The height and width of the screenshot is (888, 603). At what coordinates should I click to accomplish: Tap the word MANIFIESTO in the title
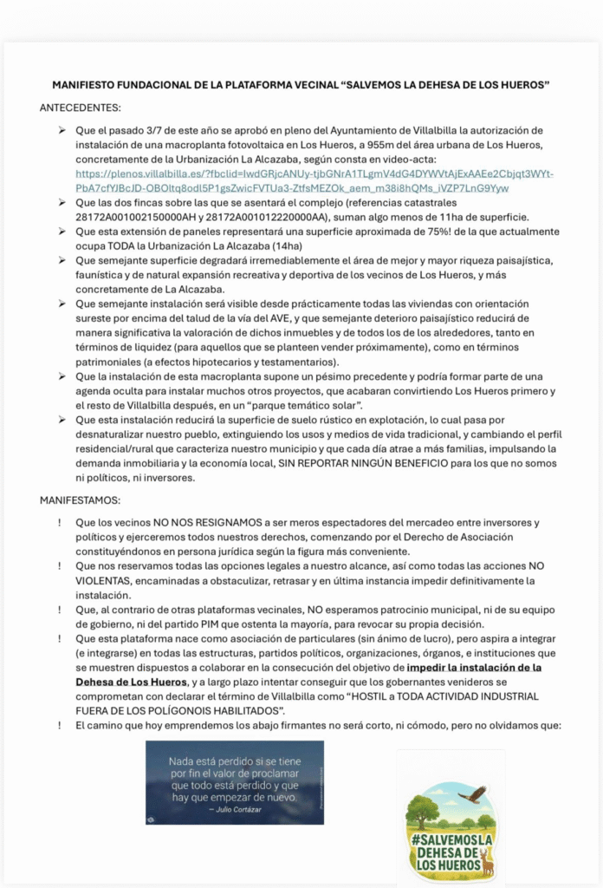click(85, 85)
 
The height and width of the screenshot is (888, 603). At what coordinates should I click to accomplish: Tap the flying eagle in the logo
click(472, 793)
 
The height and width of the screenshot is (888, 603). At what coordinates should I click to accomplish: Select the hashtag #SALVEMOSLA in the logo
click(451, 840)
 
